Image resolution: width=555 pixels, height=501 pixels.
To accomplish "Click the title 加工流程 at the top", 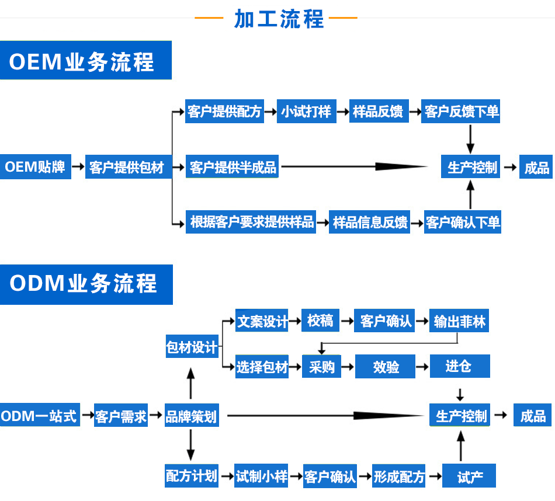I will point(279,19).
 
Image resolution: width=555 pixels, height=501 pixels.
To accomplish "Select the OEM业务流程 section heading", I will point(82,61).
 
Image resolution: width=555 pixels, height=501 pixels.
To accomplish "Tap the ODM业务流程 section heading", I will point(84,284).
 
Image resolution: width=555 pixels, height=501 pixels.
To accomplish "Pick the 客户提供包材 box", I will point(126,168).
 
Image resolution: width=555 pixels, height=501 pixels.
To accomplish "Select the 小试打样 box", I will point(306,112).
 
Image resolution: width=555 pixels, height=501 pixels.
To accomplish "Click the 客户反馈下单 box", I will point(462,112).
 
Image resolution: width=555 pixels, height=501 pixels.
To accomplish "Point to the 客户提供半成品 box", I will point(233,168).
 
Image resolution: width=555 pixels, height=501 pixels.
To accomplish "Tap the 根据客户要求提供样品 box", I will point(251,222).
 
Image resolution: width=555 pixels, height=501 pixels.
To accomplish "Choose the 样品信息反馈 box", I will point(370,222).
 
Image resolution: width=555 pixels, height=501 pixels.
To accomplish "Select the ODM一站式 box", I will point(39,416).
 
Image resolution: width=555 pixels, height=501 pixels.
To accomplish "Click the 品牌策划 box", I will point(191,416).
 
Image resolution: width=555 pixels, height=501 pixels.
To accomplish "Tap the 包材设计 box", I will point(192,347).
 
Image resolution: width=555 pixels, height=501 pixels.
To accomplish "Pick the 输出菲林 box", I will point(459,321).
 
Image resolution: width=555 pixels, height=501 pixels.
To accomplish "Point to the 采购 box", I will point(322,367).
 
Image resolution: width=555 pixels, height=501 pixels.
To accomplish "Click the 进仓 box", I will point(459,366).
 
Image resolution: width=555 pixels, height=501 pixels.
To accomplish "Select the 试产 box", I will point(470,476).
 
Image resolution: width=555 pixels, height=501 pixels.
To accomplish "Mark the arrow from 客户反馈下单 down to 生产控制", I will point(470,140).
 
